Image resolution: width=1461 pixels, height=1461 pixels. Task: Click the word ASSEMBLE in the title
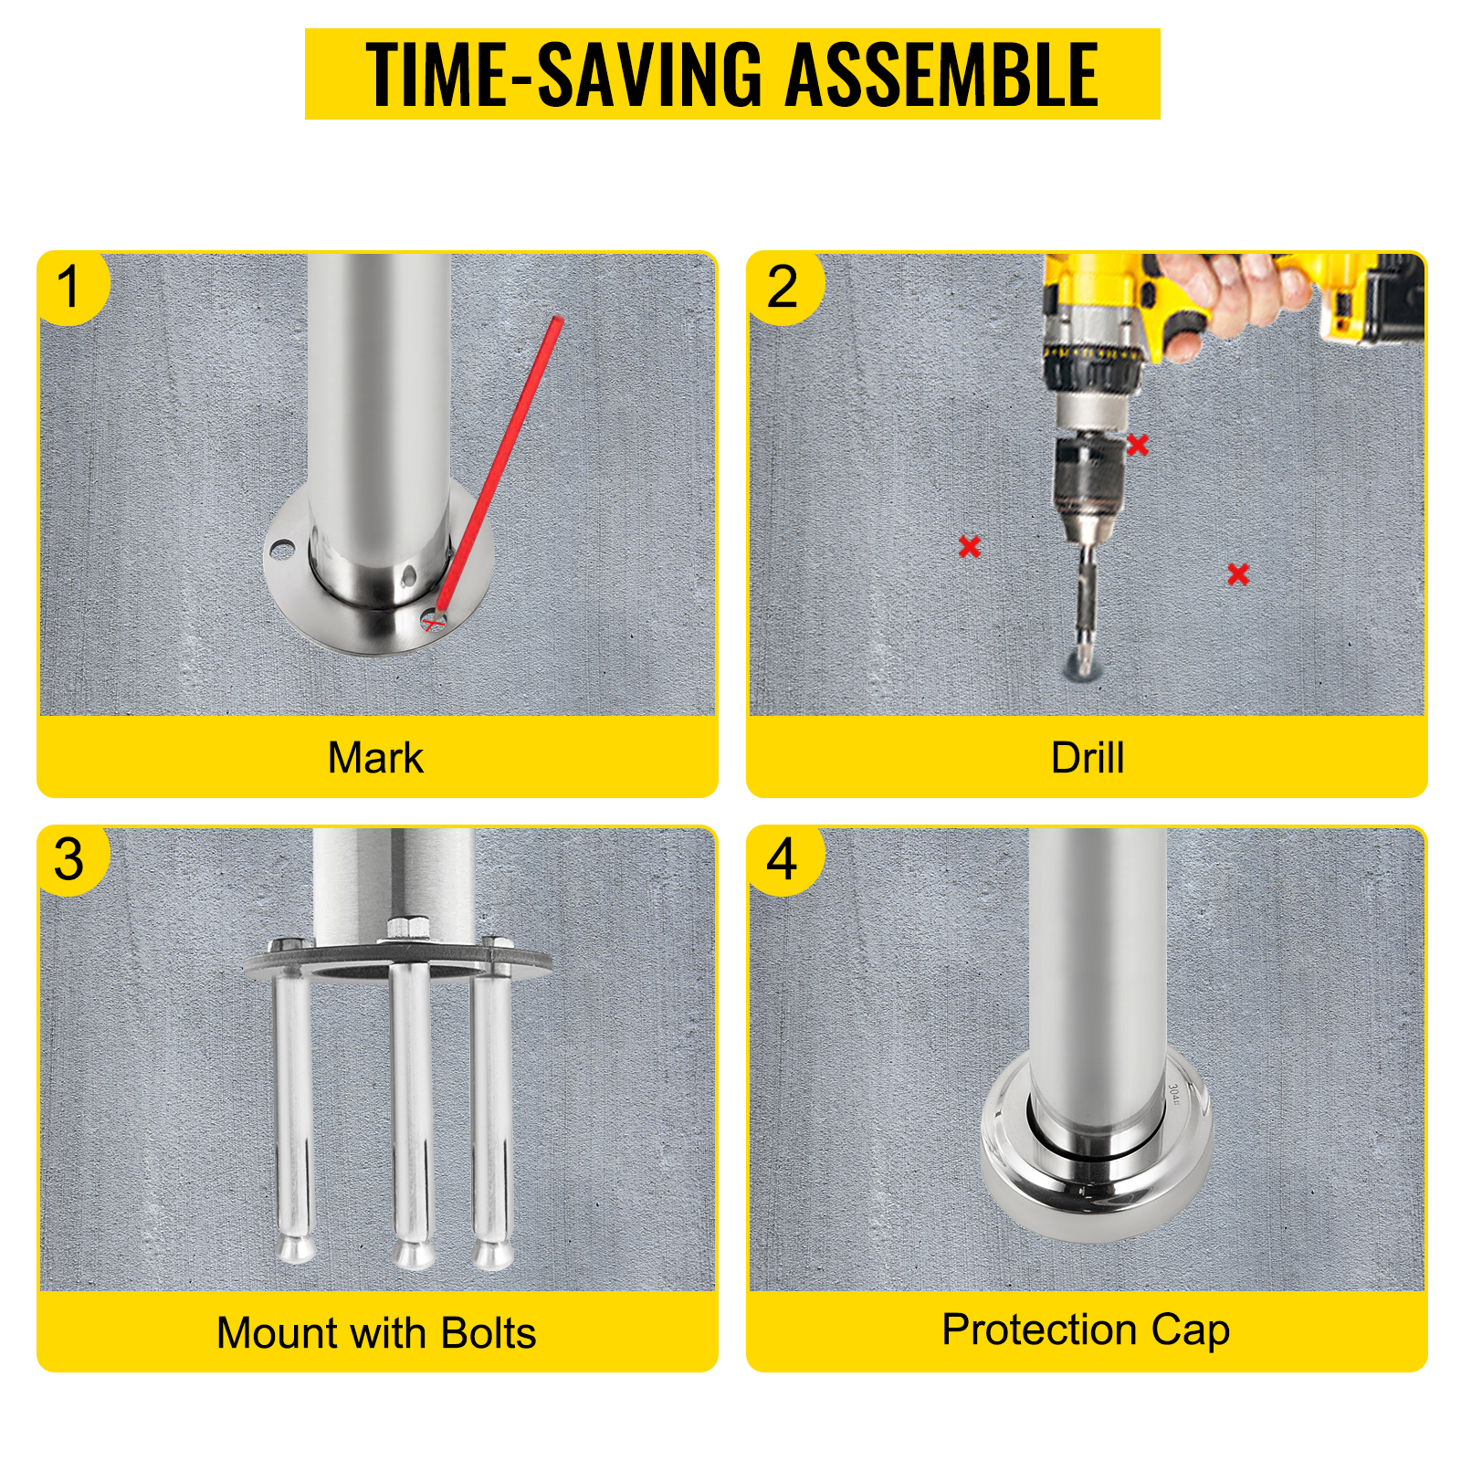click(941, 75)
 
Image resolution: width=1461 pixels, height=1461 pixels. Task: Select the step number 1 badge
click(72, 288)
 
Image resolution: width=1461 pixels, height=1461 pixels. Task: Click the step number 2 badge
click(784, 288)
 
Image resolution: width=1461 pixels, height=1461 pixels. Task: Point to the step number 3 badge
click(72, 860)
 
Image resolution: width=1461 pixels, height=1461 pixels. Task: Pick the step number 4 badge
click(784, 860)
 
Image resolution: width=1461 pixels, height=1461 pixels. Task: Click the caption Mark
click(375, 758)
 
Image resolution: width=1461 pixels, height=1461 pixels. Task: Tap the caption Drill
click(1088, 758)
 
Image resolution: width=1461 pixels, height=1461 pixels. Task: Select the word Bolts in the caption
click(489, 1333)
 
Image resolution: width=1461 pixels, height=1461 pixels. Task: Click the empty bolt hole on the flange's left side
click(281, 550)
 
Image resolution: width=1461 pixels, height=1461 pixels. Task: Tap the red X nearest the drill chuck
click(1137, 445)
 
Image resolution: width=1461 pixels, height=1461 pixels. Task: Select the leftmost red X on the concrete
click(970, 546)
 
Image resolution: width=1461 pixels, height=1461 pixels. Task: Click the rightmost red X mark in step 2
click(1238, 573)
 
